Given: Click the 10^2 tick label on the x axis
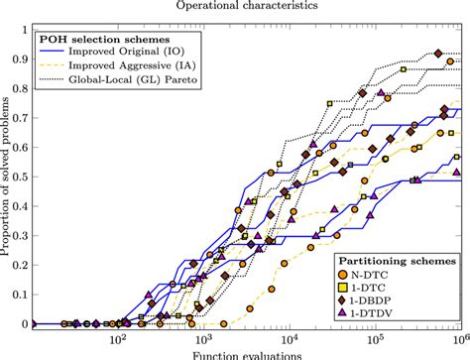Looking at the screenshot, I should click(x=118, y=338).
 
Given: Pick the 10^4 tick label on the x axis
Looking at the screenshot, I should click(x=289, y=338).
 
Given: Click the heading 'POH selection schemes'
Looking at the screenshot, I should click(x=97, y=41).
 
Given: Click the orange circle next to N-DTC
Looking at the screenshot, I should click(x=343, y=272).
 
